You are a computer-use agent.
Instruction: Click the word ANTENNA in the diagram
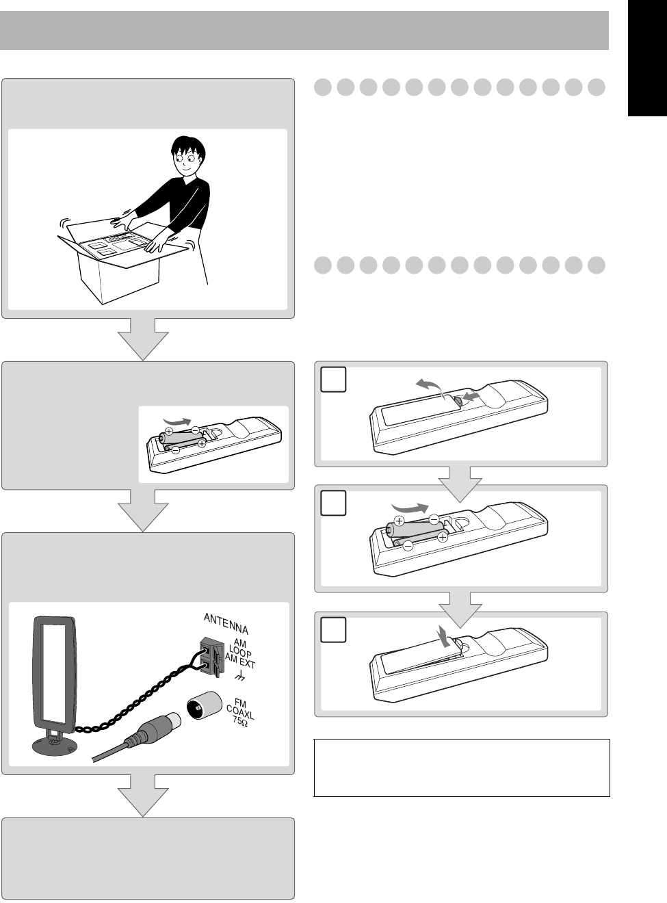tap(226, 623)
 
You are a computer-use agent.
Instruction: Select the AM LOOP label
tap(241, 649)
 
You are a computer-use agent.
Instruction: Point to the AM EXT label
tap(240, 663)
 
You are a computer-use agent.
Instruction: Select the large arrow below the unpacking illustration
tap(143, 339)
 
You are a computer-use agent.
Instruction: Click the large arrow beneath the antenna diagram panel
tap(143, 796)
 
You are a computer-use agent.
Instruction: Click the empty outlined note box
tap(462, 768)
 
